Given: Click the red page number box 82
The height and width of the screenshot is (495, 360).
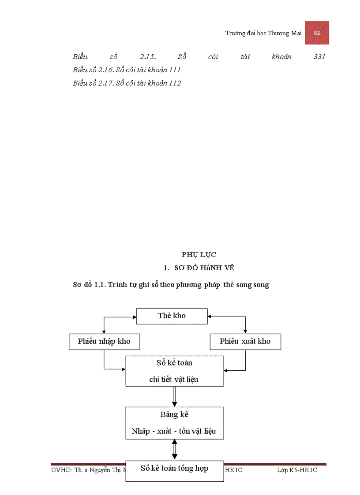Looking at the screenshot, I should point(317,33).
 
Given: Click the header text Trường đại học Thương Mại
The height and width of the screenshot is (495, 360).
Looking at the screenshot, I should point(263,33).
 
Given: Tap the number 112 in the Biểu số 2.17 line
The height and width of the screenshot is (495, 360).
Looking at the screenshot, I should point(175,83).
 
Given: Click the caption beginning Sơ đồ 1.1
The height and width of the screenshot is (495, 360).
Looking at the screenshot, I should point(171,285).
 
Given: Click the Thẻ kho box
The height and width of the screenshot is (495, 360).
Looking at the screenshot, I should point(172,316).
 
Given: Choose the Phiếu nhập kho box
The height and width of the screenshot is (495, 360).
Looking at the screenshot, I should point(104,342).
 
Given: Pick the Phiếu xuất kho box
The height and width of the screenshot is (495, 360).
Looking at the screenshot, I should point(245,342).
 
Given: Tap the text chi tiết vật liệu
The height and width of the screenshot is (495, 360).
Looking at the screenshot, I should point(174,379).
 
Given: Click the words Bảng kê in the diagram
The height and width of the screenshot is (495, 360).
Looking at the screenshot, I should point(174,415).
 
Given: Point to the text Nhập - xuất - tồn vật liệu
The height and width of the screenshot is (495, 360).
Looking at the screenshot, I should point(174,431).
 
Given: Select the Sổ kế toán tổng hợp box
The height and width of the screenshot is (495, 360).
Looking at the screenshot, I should point(174,469).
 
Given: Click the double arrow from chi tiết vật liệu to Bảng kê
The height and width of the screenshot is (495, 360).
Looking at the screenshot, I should point(174,396).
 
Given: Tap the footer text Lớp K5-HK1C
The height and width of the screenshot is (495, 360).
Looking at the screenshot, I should point(297,470).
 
